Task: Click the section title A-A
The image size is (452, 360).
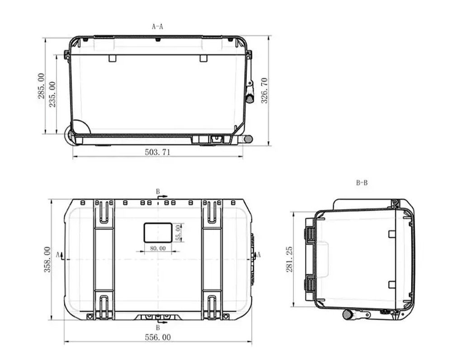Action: point(157,27)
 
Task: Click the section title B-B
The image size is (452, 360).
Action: point(362,183)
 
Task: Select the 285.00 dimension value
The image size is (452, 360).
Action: point(41,86)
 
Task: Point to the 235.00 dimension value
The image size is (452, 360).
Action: point(52,94)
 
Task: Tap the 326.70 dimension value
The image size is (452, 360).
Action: point(265,90)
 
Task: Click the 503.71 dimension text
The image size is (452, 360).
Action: point(157,152)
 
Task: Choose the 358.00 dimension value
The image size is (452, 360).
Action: point(47,259)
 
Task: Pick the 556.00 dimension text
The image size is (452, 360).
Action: point(158,337)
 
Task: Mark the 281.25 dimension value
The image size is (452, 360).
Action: point(290,259)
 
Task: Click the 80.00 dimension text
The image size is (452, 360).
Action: point(158,248)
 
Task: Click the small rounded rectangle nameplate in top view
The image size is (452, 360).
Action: point(158,232)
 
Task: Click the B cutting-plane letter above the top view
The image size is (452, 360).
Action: point(158,192)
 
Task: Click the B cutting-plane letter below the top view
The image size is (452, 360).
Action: point(158,327)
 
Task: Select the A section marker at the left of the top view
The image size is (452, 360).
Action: point(58,255)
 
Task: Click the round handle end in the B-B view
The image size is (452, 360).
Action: point(347,314)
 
